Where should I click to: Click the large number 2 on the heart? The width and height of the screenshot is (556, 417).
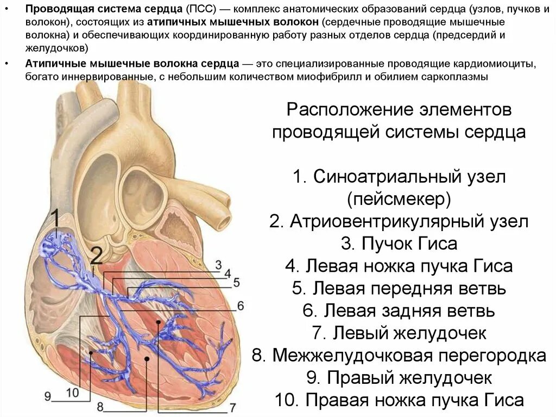(96, 256)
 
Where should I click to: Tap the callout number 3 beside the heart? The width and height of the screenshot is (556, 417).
(218, 265)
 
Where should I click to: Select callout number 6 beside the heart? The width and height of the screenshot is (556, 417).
(240, 304)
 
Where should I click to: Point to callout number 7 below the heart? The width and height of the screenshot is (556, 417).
(232, 407)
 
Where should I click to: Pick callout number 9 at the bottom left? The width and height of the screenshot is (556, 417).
(47, 396)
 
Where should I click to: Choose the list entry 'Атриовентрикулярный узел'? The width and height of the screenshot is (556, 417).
(399, 222)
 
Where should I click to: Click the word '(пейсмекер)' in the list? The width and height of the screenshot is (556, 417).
(399, 199)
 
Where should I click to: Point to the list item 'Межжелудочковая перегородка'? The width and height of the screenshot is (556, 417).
(399, 355)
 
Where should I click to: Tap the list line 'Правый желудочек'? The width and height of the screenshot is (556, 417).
(399, 377)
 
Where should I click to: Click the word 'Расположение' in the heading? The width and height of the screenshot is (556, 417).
(347, 110)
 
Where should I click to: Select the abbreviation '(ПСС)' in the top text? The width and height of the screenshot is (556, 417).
(200, 10)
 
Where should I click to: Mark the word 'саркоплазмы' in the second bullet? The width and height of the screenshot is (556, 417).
(457, 77)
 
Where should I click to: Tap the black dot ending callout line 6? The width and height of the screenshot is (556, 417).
(157, 323)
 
